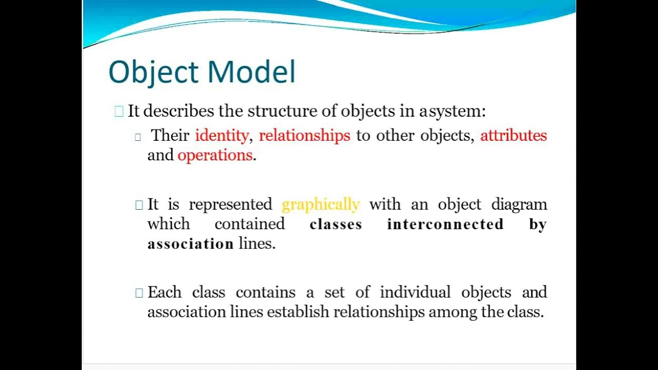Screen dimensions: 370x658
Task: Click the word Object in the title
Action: (x=153, y=72)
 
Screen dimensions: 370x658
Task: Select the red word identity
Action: (x=221, y=136)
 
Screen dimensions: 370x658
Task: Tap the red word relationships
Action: (x=304, y=136)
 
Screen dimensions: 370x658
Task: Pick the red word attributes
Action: (x=513, y=136)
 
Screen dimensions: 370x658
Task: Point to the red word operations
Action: (x=215, y=155)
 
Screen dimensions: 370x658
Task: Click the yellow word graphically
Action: (x=320, y=205)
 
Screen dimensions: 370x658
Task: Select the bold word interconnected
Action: (x=445, y=224)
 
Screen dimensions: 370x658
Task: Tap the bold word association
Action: (x=190, y=244)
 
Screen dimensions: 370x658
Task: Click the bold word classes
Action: (x=336, y=224)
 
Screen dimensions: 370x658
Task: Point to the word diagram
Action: (x=519, y=205)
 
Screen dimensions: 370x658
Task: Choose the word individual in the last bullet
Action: (x=415, y=292)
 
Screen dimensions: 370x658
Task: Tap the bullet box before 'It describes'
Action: (x=119, y=111)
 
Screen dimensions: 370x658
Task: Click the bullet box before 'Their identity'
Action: (x=138, y=137)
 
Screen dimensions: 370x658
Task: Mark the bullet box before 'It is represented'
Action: (x=139, y=205)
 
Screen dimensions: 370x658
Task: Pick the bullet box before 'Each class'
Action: (x=139, y=293)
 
